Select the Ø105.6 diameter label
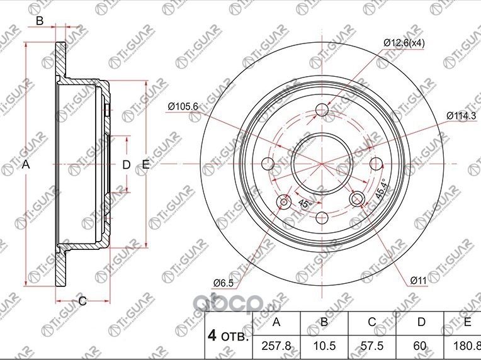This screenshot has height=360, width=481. click(x=183, y=106)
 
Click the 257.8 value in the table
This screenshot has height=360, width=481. click(x=276, y=346)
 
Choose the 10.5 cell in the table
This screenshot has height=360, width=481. click(x=324, y=346)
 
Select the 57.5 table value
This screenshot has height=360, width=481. click(x=372, y=346)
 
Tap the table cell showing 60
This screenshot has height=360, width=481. click(x=420, y=346)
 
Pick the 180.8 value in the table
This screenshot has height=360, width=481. click(x=467, y=346)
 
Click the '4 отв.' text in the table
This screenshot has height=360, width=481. click(x=227, y=334)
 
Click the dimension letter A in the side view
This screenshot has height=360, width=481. click(x=26, y=165)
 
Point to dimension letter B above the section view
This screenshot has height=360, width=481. click(x=39, y=21)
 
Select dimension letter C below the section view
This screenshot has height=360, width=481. click(x=82, y=301)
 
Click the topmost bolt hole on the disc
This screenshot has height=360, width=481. click(x=322, y=110)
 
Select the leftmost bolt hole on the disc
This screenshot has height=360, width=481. click(x=269, y=164)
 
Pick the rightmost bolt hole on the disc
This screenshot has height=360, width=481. click(x=376, y=164)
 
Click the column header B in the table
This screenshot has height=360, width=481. click(x=324, y=322)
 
